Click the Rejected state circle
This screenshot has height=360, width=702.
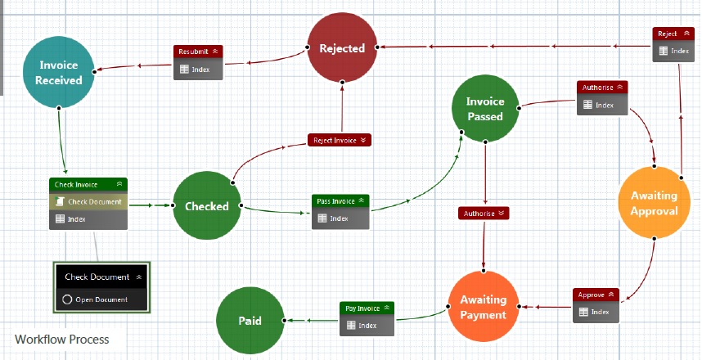tap(342, 49)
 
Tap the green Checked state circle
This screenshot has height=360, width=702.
tap(207, 206)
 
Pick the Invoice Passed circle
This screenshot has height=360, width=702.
tap(485, 109)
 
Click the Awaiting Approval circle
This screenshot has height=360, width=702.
tap(654, 203)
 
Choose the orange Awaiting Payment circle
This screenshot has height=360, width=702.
tap(483, 307)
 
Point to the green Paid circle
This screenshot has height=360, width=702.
tap(250, 320)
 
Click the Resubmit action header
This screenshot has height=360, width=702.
tap(198, 52)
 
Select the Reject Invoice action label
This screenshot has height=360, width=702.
tap(340, 141)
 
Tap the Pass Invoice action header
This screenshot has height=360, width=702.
tap(340, 201)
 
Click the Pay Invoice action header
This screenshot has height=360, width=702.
tap(367, 308)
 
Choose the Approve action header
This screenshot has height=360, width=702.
tap(595, 295)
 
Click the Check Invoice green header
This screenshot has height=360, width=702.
tap(88, 185)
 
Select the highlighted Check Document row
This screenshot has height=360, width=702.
tap(88, 201)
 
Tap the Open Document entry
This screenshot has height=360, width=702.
tap(101, 299)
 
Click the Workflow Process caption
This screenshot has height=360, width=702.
tap(61, 339)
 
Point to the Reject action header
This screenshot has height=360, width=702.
tap(672, 34)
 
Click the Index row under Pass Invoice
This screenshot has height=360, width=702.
tap(340, 218)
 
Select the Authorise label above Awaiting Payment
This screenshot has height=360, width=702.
tap(484, 214)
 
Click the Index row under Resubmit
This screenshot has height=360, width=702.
tap(198, 70)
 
